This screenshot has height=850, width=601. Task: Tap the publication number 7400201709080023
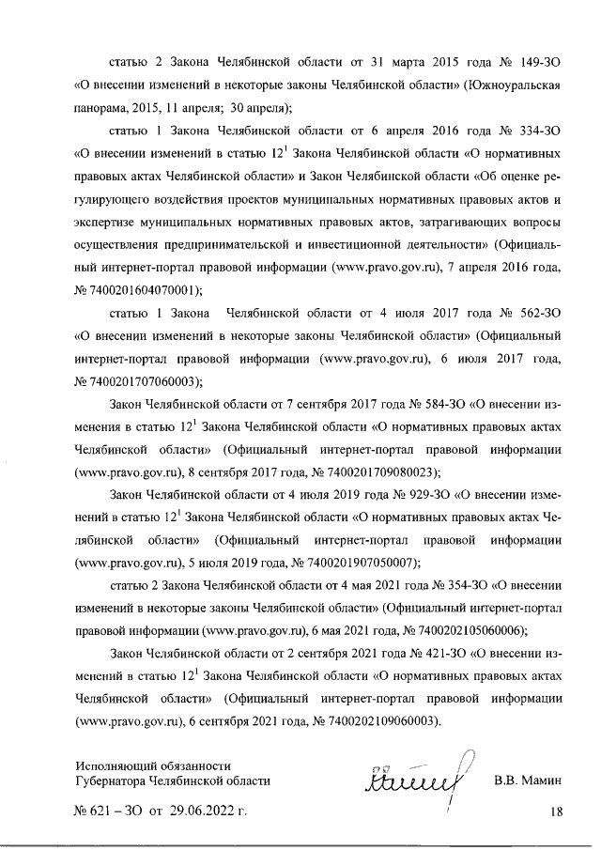[x=376, y=471]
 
